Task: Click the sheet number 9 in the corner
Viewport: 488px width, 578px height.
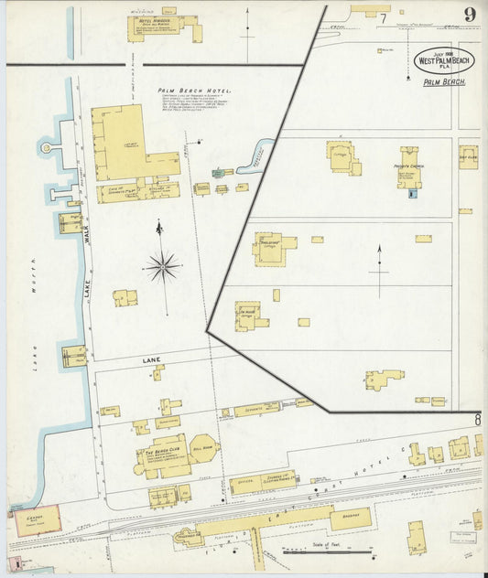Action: click(469, 14)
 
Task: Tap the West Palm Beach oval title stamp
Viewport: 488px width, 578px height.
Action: click(444, 60)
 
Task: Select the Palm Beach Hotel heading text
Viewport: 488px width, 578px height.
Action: click(194, 91)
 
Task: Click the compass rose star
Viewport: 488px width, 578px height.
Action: click(162, 266)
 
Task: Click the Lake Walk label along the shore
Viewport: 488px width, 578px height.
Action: click(89, 247)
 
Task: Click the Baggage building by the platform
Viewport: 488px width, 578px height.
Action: click(351, 519)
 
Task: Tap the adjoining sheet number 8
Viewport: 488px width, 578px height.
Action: click(477, 420)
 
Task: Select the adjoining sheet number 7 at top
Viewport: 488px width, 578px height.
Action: click(383, 17)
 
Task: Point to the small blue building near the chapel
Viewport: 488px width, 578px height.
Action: click(411, 193)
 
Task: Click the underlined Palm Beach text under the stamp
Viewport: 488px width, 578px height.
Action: click(444, 82)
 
